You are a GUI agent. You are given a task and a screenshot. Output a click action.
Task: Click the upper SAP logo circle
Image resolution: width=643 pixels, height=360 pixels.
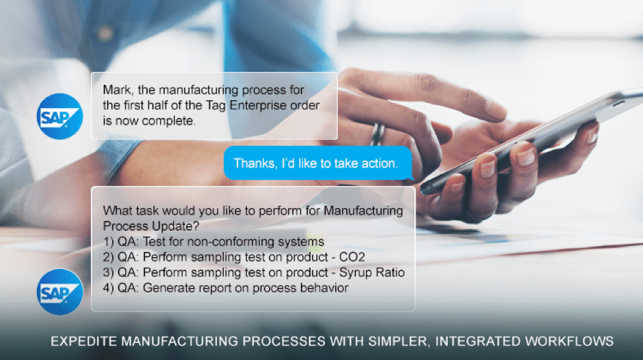60,117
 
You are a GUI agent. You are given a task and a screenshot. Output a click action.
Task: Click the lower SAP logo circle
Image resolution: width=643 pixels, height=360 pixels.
60,292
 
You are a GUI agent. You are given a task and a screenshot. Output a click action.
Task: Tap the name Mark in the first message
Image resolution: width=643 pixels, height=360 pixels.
117,90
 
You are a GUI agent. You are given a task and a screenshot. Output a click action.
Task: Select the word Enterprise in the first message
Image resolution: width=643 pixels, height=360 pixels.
258,105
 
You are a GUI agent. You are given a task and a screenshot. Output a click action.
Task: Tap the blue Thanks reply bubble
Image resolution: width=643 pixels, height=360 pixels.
319,164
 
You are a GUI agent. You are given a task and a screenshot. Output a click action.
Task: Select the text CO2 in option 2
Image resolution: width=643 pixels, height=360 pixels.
352,257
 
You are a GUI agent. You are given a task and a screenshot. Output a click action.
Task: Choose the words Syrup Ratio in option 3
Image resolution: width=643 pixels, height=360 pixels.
372,273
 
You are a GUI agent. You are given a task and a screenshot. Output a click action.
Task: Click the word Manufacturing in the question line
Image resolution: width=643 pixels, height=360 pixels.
363,211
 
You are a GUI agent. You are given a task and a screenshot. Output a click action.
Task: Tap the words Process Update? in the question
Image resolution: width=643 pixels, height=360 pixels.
151,226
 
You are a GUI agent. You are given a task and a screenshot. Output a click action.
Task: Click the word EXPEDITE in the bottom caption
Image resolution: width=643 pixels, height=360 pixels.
84,341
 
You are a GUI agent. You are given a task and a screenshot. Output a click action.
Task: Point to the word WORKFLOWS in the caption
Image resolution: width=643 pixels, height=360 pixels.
569,341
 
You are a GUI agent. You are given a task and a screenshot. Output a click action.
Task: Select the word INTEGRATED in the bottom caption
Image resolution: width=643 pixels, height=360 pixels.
477,341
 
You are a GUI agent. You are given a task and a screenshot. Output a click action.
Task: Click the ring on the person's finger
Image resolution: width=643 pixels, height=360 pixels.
378,134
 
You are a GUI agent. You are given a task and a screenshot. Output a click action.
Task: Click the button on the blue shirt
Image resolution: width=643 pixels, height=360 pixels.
105,33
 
